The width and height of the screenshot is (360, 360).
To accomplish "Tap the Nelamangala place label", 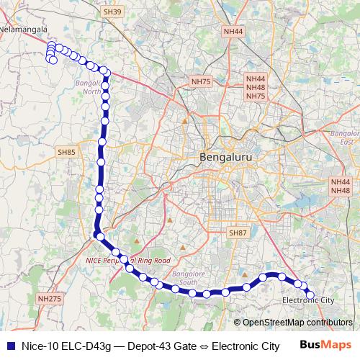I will pos(24,30).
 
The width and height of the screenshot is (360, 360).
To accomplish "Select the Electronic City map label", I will pos(308,300).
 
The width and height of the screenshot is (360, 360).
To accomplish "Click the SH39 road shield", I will pos(113,12).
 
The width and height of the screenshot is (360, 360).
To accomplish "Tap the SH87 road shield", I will pos(237,233).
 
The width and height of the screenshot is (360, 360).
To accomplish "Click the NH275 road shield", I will pos(49,297).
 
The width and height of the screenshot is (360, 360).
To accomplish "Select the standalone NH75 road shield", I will pos(201,82).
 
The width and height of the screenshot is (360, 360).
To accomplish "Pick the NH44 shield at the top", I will pos(233,32).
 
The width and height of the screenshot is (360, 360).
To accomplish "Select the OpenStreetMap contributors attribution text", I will pos(297,323).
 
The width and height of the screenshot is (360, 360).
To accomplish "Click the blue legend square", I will pos(10,346).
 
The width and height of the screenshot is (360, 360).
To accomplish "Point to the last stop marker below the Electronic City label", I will pos(311,294).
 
